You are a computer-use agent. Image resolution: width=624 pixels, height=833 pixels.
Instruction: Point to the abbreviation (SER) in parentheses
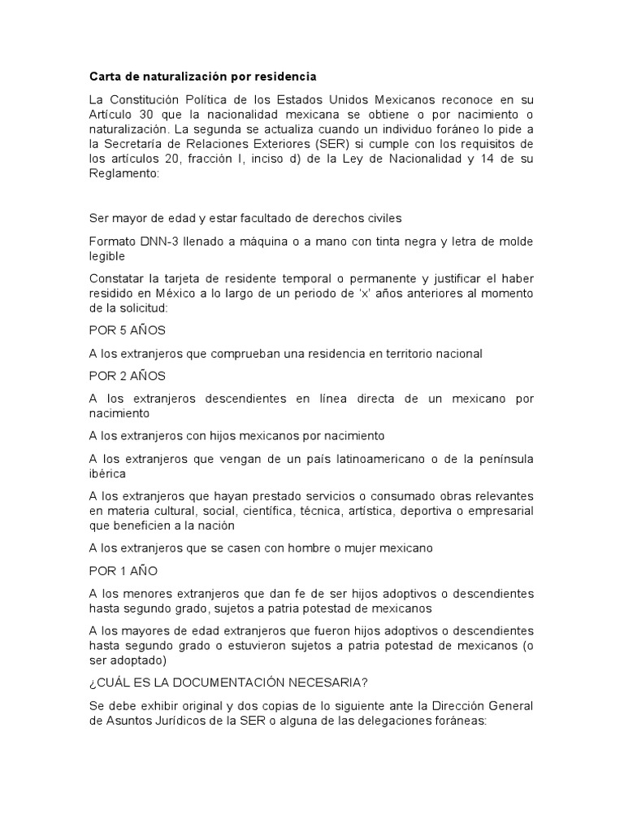tap(321, 142)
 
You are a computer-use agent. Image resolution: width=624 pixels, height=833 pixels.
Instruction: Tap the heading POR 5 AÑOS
tap(127, 332)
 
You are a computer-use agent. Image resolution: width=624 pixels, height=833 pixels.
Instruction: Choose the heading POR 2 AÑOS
tap(127, 376)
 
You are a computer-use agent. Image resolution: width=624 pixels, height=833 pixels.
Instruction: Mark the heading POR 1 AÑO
tap(123, 570)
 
